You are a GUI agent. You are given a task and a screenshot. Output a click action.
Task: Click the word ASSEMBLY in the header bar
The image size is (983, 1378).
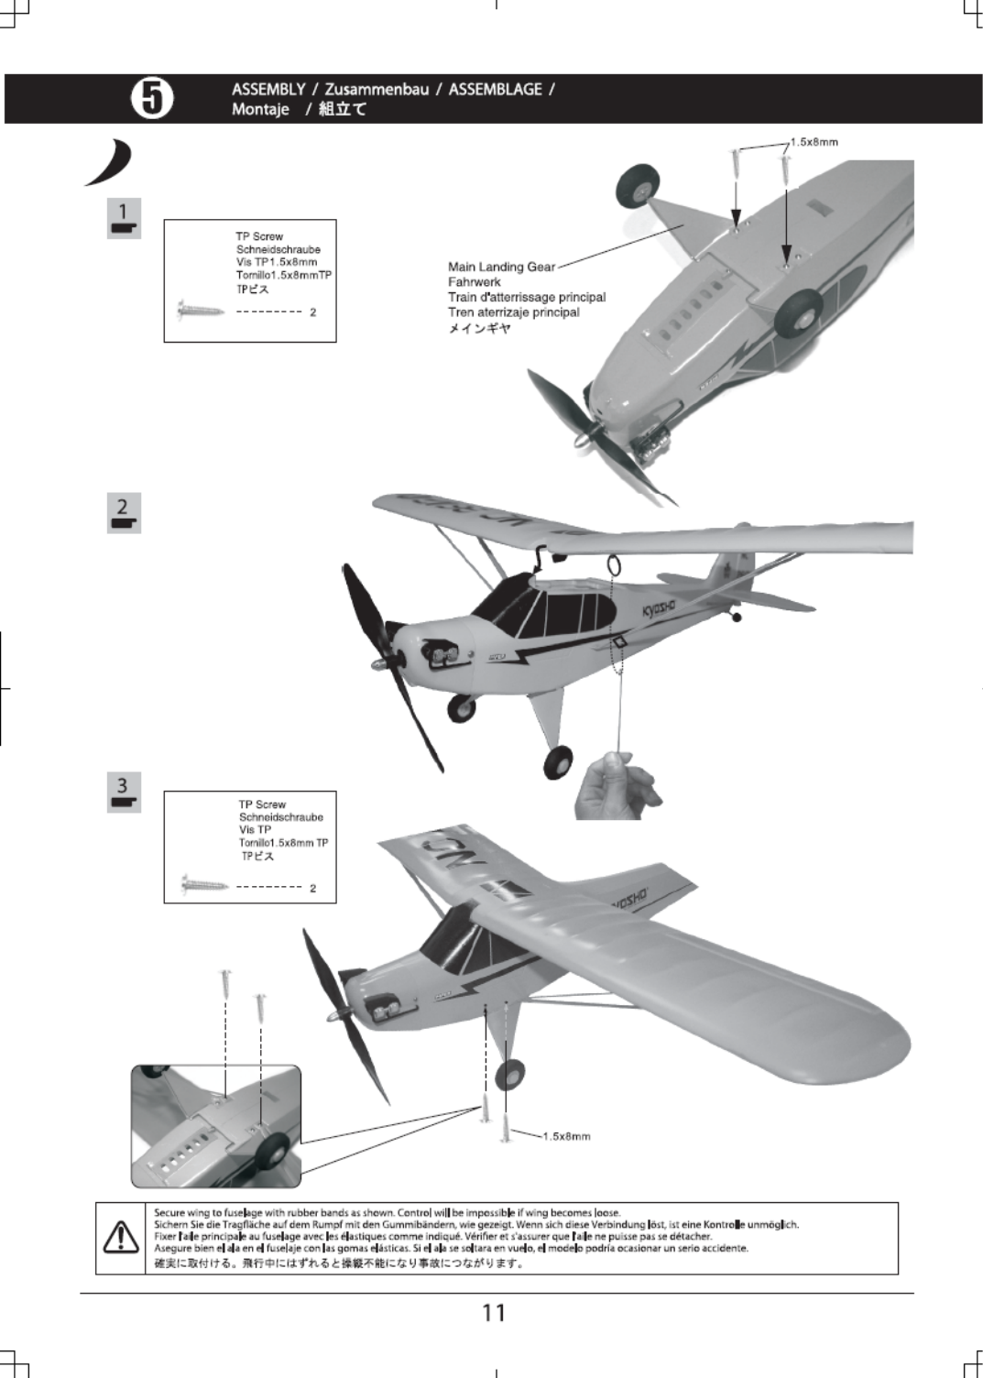click(x=268, y=89)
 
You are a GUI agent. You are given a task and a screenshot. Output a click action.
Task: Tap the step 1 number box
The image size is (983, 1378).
click(x=124, y=218)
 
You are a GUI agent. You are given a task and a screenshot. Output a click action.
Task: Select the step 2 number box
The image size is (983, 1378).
click(x=124, y=513)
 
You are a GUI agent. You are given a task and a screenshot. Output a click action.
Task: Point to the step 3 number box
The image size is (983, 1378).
click(x=124, y=793)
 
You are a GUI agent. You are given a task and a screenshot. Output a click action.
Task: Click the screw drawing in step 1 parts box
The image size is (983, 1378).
click(x=202, y=310)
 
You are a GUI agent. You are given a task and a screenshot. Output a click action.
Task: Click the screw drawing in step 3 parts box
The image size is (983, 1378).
click(x=204, y=885)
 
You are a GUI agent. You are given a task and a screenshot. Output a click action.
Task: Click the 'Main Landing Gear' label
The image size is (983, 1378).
click(x=501, y=267)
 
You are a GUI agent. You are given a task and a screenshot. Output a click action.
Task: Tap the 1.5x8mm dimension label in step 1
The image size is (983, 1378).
click(x=814, y=142)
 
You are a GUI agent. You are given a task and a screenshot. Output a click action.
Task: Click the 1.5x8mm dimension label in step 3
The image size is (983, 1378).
click(x=566, y=1136)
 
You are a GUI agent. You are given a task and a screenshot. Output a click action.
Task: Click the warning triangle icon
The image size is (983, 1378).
click(x=121, y=1237)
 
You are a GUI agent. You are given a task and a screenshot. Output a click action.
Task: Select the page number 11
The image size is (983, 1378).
click(x=494, y=1313)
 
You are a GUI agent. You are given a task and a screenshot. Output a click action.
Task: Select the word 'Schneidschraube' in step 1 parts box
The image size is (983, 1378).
click(x=279, y=249)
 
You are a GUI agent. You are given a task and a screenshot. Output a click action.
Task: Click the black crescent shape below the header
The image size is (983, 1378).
click(x=112, y=164)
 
